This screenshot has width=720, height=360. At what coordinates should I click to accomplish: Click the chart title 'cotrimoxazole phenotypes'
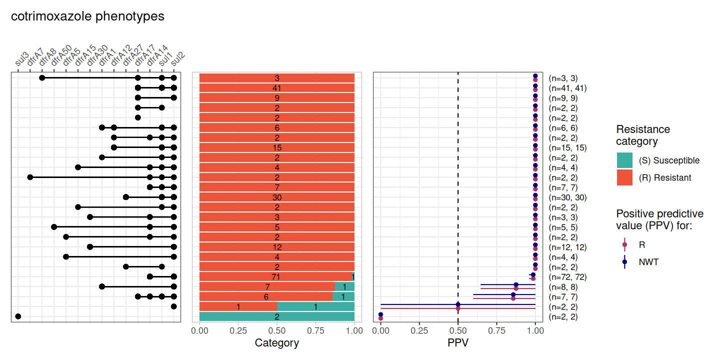pyautogui.click(x=87, y=16)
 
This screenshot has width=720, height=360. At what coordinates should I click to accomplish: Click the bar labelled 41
pyautogui.click(x=276, y=88)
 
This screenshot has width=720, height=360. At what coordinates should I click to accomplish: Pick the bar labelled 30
pyautogui.click(x=276, y=197)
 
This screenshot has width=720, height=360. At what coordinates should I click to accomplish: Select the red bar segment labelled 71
pyautogui.click(x=275, y=276)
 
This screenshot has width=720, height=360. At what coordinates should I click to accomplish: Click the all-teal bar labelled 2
pyautogui.click(x=276, y=316)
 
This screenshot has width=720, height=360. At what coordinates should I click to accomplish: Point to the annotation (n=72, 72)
pyautogui.click(x=567, y=277)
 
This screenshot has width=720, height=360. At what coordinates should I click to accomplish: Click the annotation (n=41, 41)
pyautogui.click(x=567, y=88)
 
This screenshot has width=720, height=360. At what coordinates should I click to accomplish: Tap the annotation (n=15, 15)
pyautogui.click(x=567, y=148)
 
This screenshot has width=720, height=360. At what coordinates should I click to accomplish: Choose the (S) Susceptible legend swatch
pyautogui.click(x=624, y=160)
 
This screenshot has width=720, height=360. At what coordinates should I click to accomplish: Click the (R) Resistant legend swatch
pyautogui.click(x=624, y=177)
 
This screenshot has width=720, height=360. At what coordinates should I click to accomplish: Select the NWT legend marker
pyautogui.click(x=624, y=262)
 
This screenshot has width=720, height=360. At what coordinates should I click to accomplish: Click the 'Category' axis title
pyautogui.click(x=276, y=343)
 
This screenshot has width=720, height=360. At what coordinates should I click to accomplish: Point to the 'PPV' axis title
pyautogui.click(x=458, y=343)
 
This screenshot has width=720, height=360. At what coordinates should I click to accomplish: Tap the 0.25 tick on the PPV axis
pyautogui.click(x=419, y=330)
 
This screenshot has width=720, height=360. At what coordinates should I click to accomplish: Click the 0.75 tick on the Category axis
pyautogui.click(x=315, y=330)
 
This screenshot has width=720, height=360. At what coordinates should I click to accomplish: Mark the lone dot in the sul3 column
pyautogui.click(x=18, y=316)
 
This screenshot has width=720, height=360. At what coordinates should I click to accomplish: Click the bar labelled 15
pyautogui.click(x=276, y=148)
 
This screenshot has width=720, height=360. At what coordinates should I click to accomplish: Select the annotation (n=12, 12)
pyautogui.click(x=567, y=247)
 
